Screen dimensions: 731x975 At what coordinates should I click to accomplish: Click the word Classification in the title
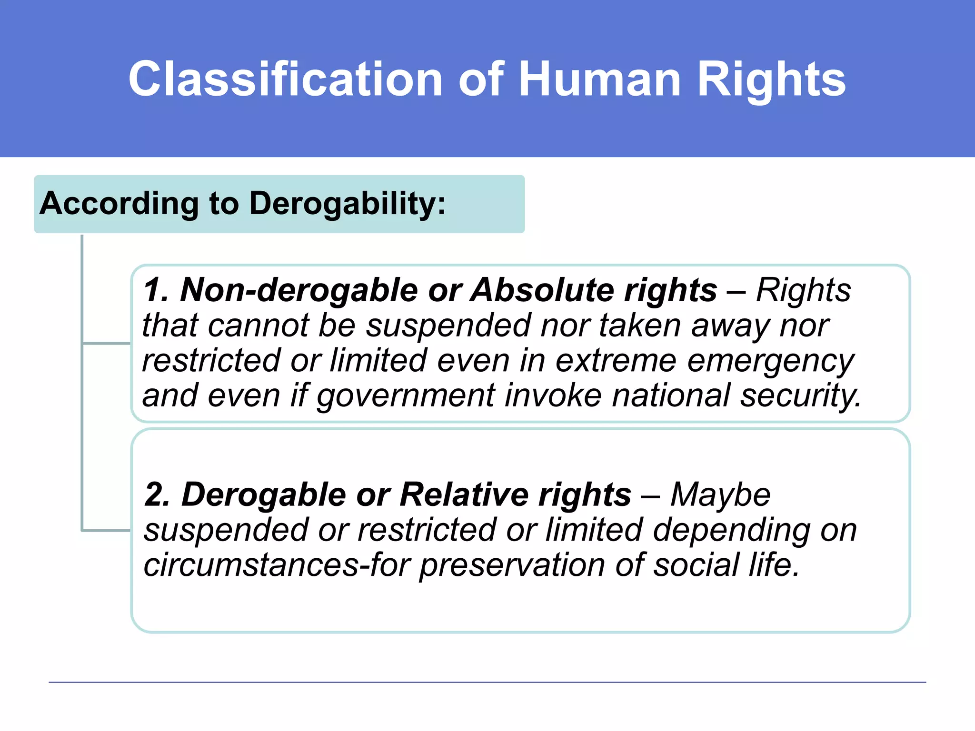286,79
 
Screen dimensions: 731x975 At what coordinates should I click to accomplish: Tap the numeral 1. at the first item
156,290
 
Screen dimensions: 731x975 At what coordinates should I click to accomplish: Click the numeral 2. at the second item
157,494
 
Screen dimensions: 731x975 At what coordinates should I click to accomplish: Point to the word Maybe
720,494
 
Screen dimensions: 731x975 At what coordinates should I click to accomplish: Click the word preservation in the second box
512,565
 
